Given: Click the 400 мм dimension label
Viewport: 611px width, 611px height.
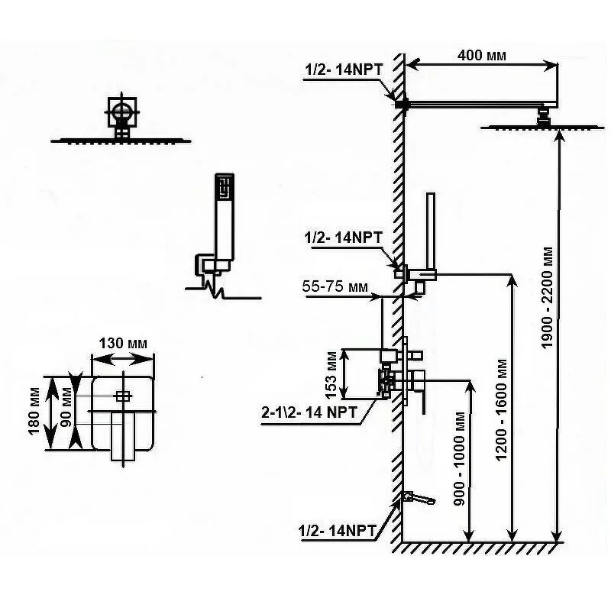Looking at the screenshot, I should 480,55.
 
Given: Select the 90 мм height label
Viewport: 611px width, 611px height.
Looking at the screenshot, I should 67,412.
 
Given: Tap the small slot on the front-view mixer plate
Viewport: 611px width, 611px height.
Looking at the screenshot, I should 122,396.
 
